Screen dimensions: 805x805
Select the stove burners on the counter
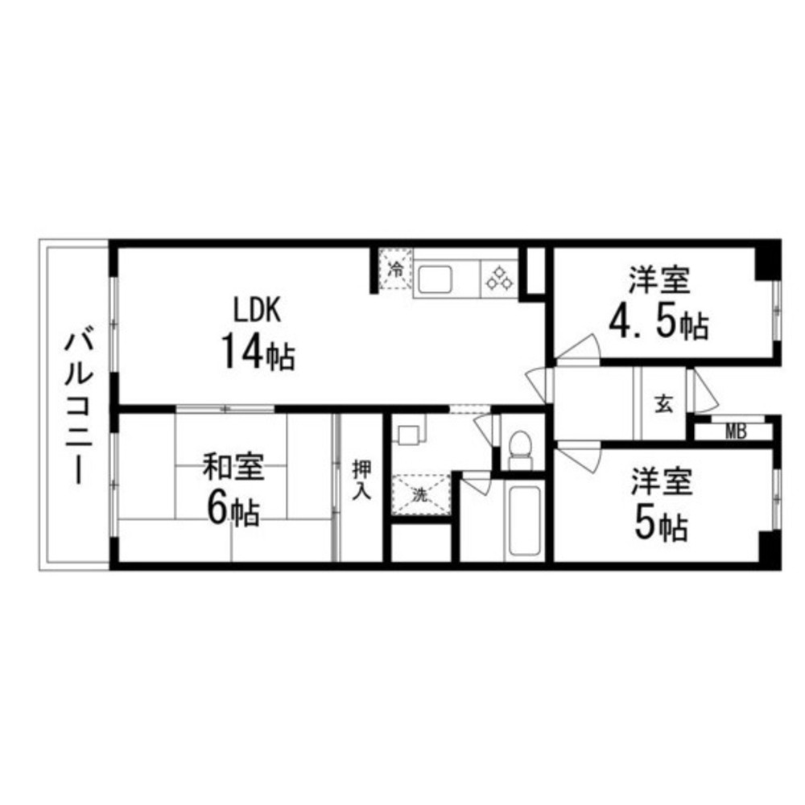(499, 279)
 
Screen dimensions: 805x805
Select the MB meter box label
(735, 431)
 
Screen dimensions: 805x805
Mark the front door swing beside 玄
(704, 390)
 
